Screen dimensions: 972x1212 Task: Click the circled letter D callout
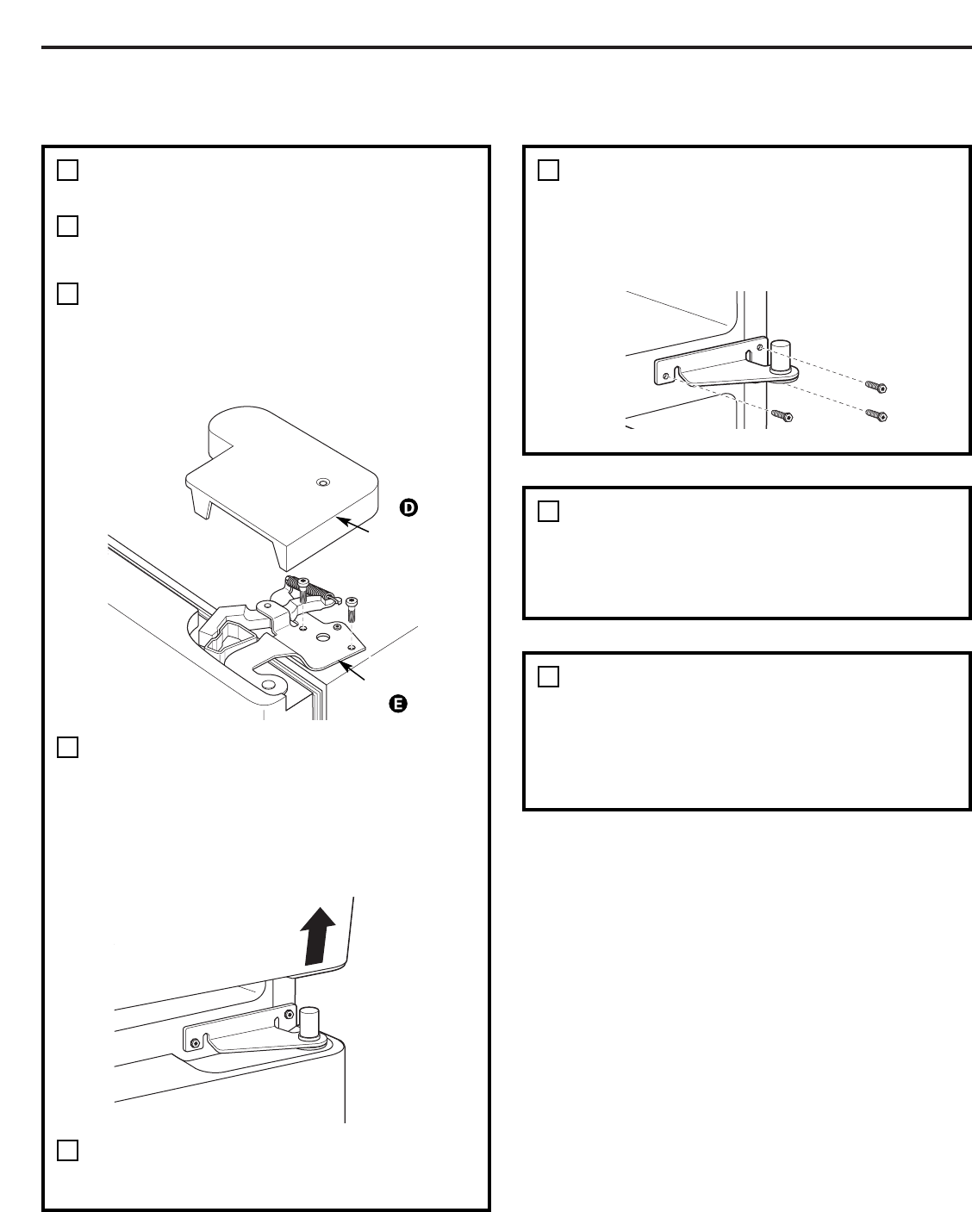pos(408,508)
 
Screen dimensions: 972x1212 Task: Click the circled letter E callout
pos(397,704)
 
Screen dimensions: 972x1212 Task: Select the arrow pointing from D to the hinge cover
pos(357,526)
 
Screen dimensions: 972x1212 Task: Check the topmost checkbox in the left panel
pos(68,171)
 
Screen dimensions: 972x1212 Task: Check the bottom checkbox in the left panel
pos(68,1150)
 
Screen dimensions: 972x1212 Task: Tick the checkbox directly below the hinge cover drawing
pos(68,747)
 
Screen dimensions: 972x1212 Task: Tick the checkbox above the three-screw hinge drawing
pos(549,171)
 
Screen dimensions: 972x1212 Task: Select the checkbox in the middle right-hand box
pos(549,512)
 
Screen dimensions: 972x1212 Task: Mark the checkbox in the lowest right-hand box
pos(549,677)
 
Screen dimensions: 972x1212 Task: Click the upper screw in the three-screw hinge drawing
pos(875,387)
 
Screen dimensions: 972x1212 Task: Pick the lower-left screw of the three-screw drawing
pos(782,416)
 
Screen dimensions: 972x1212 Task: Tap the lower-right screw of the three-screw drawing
pos(875,416)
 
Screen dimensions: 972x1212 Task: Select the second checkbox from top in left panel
pos(68,226)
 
